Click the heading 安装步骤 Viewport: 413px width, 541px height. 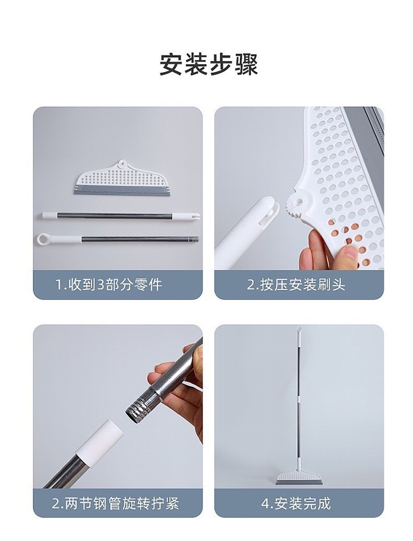[209, 64]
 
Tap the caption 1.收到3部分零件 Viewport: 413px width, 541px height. [109, 285]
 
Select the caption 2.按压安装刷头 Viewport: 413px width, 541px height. [296, 285]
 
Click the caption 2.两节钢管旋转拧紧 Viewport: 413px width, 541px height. [115, 504]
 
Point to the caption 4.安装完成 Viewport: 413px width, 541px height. [296, 504]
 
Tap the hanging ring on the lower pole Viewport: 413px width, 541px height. [45, 238]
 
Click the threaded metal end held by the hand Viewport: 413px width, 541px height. [138, 406]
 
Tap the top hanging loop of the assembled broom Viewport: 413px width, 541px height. [298, 331]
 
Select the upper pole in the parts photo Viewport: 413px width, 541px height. [121, 216]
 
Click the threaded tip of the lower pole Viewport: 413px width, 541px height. [195, 238]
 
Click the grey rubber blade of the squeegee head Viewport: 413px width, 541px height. [123, 191]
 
